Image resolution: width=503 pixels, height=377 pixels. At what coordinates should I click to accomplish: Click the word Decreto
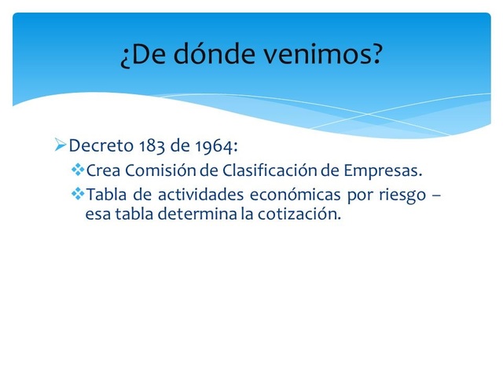coord(101,147)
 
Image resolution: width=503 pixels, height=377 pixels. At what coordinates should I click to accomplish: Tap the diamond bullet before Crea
coord(77,170)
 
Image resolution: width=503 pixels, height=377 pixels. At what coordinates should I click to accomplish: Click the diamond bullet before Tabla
coord(77,193)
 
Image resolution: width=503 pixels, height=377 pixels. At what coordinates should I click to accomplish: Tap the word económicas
coord(283,194)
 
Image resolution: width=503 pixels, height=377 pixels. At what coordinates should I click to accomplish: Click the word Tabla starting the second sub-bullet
coord(104,194)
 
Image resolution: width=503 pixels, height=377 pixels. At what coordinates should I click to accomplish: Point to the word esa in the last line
coord(97,214)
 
